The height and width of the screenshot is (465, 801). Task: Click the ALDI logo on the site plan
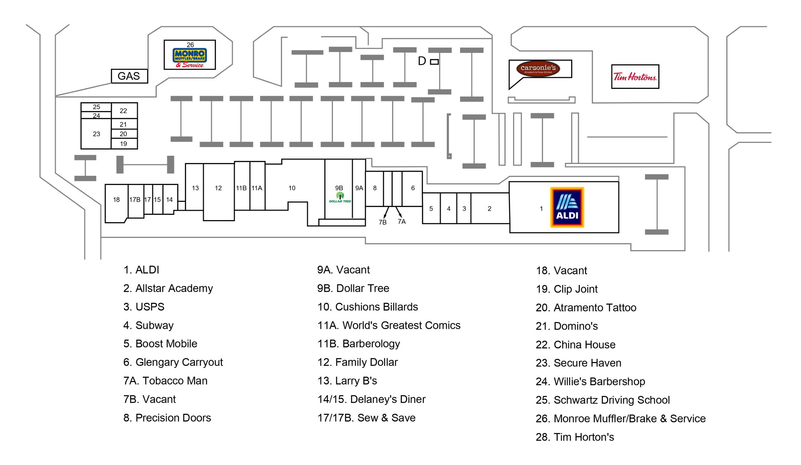point(567,207)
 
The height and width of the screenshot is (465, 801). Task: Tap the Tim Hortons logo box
point(635,77)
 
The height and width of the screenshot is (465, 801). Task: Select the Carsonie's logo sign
point(538,69)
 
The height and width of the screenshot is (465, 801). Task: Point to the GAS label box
point(129,76)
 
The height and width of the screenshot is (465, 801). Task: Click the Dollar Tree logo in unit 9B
point(340,197)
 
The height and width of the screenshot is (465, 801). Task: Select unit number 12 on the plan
point(218,188)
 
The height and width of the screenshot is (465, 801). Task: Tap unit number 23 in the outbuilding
point(96,134)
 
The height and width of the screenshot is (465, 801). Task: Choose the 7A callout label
point(402,222)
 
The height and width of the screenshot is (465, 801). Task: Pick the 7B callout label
point(382,222)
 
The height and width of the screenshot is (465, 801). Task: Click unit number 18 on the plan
point(116,200)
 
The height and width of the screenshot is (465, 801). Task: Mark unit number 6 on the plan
point(413,188)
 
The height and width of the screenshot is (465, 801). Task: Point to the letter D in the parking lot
point(422,61)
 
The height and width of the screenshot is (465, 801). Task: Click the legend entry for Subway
point(148,325)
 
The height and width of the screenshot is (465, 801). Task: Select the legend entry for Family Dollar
point(358,362)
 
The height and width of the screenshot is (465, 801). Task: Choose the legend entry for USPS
point(144,307)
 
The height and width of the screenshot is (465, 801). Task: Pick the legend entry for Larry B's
point(347,380)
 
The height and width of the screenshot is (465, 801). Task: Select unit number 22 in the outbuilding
point(123,111)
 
